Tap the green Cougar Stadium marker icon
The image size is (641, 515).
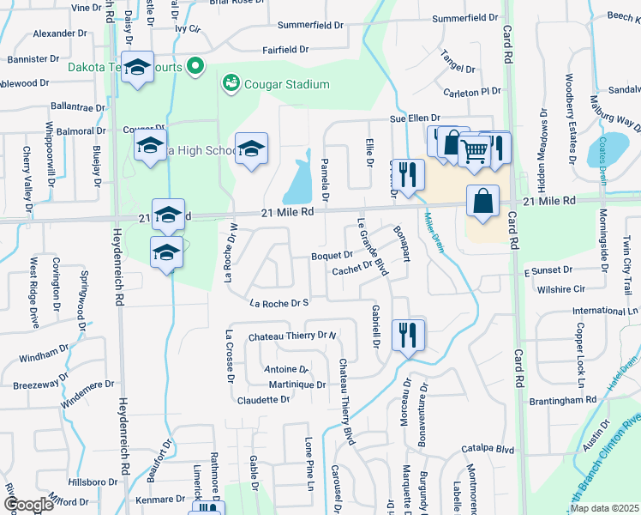click(x=231, y=83)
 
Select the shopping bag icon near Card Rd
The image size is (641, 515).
click(x=483, y=202)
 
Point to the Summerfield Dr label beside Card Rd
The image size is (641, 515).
click(x=465, y=17)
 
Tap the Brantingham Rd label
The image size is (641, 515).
click(x=561, y=400)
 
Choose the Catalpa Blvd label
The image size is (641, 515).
click(x=487, y=449)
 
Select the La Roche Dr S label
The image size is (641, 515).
click(x=279, y=303)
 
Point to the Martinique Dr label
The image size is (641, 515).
click(x=297, y=385)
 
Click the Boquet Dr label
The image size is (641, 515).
click(x=332, y=255)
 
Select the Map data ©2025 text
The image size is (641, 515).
click(x=604, y=508)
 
